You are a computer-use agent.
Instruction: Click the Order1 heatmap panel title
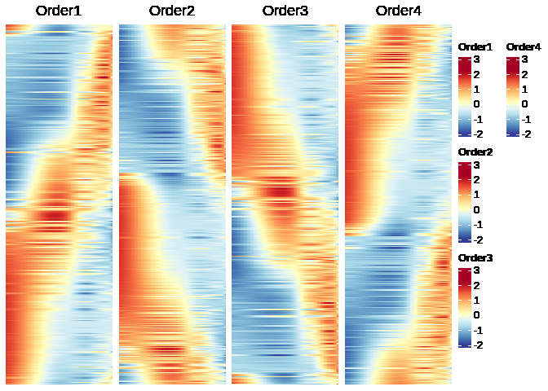[58, 11]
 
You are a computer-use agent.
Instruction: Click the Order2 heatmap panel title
[171, 11]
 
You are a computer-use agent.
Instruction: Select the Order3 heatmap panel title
[285, 11]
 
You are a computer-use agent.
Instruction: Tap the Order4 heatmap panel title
[398, 11]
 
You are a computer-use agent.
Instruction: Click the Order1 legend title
[475, 47]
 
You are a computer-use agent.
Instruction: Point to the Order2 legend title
[475, 152]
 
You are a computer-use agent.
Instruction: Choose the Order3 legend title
[475, 257]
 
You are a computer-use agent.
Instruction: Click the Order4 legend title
[524, 47]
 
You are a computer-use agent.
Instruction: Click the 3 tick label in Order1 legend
[477, 59]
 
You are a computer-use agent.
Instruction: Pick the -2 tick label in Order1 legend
[479, 134]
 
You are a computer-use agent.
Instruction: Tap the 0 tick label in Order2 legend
[477, 209]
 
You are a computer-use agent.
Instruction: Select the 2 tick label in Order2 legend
[477, 179]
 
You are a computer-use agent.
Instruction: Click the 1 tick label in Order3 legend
[477, 300]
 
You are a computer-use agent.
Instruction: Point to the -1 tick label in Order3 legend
[479, 330]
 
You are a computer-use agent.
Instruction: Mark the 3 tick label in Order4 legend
[524, 59]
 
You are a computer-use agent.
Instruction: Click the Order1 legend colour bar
[465, 96]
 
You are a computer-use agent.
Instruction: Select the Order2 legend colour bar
[465, 201]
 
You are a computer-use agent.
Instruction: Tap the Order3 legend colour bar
[465, 307]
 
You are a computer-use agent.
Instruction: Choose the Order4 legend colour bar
[513, 96]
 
